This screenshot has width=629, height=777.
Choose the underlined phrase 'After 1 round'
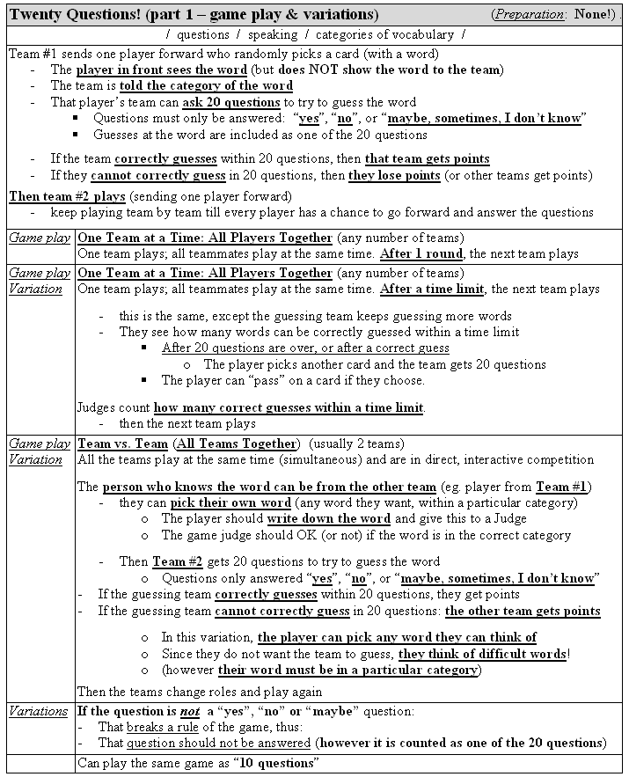[x=419, y=253]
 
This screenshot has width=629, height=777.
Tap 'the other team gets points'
[x=523, y=611]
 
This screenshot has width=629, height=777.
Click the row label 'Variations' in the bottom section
[x=39, y=710]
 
